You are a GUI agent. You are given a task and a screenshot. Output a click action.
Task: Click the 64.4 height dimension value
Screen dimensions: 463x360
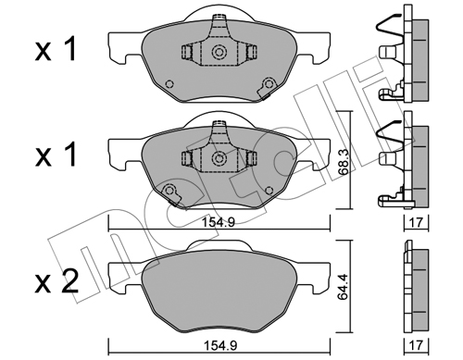click(344, 287)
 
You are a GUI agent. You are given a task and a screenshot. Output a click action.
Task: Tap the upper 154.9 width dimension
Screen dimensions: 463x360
click(219, 222)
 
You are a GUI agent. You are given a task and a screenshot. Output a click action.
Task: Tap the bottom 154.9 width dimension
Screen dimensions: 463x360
click(219, 346)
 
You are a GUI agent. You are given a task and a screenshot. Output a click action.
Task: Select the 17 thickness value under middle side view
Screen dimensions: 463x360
click(417, 222)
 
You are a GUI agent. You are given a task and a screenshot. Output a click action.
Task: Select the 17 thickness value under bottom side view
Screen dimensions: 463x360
click(417, 346)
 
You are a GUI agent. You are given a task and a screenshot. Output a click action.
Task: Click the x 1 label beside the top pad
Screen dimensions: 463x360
click(56, 50)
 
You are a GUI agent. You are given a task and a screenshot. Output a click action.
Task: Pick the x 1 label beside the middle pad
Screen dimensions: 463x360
click(56, 155)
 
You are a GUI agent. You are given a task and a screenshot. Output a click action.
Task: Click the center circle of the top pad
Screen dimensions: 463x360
click(219, 52)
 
